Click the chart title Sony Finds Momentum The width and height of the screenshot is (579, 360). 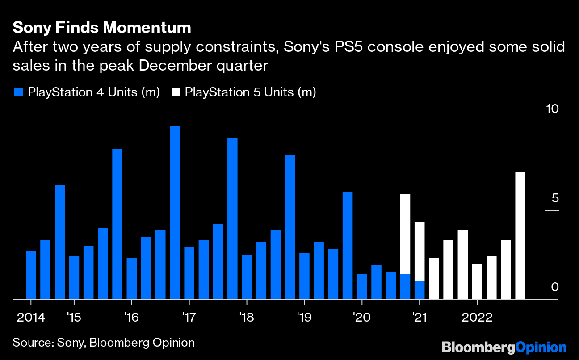(x=102, y=28)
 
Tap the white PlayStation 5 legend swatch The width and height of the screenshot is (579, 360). (x=176, y=92)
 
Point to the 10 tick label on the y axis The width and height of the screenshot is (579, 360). (x=552, y=109)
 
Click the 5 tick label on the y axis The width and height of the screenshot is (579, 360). (x=554, y=198)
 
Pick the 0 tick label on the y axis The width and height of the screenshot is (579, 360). (x=555, y=287)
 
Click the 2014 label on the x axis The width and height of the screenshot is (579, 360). (x=31, y=318)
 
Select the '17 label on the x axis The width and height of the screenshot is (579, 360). (x=189, y=318)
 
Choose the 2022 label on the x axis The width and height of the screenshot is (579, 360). (x=477, y=318)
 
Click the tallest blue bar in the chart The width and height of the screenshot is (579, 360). (x=175, y=212)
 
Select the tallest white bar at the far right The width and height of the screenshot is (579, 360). (x=520, y=235)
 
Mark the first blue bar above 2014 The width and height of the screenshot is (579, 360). (x=31, y=275)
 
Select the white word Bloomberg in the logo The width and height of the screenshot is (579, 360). (x=478, y=347)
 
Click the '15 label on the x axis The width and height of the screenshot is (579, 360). (x=74, y=318)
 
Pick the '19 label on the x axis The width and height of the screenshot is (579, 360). (x=304, y=318)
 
